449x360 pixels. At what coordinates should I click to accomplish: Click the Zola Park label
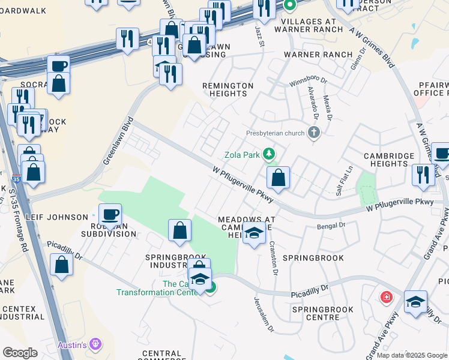[242, 155]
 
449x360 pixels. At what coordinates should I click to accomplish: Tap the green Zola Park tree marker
[270, 155]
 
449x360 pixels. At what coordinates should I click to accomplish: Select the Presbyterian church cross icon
[313, 133]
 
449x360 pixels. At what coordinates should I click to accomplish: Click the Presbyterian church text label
[276, 133]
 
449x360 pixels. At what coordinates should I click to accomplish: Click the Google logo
[20, 353]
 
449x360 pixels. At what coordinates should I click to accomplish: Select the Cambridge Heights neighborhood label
[389, 160]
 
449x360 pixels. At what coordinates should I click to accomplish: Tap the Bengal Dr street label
[332, 226]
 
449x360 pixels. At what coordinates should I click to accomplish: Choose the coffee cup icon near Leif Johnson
[110, 214]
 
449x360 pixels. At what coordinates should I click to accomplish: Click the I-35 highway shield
[16, 179]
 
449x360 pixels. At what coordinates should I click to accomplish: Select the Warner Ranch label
[318, 55]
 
